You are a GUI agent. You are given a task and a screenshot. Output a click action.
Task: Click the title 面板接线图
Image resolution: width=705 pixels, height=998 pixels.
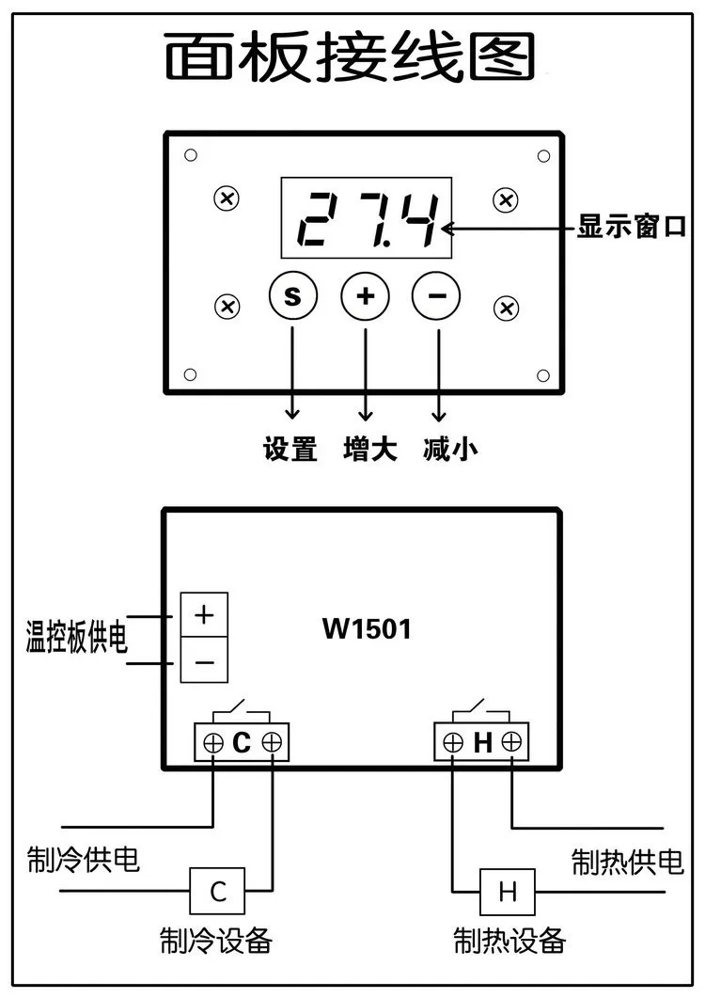click(350, 57)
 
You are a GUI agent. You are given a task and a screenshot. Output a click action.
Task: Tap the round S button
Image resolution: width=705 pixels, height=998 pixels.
click(292, 296)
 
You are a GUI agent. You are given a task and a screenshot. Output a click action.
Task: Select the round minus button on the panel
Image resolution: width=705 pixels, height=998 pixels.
click(437, 296)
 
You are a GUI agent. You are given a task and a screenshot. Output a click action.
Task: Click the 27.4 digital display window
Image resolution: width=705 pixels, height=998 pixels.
click(367, 217)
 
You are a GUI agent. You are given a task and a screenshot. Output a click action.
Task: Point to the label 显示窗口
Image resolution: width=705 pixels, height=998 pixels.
click(631, 227)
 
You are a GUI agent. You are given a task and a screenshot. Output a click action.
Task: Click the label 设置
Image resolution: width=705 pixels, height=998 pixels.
click(290, 449)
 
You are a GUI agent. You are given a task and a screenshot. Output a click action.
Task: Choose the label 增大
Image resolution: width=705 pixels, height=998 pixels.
click(369, 449)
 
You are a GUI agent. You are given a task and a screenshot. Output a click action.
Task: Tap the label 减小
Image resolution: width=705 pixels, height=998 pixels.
click(450, 449)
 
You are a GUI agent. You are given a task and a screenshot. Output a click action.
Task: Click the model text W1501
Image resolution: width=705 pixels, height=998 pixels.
click(368, 629)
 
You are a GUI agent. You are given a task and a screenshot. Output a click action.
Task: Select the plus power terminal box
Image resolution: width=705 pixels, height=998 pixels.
click(204, 615)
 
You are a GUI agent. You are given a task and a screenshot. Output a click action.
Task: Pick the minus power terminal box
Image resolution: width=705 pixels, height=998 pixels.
click(204, 660)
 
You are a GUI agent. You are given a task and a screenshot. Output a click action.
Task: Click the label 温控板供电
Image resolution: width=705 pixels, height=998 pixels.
click(76, 637)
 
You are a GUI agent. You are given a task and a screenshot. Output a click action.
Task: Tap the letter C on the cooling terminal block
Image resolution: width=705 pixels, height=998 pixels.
click(242, 742)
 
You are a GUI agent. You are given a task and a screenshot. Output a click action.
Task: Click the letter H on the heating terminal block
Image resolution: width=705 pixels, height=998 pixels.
click(483, 742)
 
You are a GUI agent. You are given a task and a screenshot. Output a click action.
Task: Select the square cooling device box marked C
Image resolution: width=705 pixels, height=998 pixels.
click(217, 891)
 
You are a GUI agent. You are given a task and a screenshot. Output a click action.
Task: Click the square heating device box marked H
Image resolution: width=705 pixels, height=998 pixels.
click(507, 891)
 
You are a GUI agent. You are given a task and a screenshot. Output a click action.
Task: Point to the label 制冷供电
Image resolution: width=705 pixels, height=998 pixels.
click(83, 859)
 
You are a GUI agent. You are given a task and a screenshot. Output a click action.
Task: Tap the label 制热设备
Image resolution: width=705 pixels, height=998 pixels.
click(509, 940)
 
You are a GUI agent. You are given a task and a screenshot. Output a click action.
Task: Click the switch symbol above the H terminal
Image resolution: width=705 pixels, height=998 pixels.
click(481, 711)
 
